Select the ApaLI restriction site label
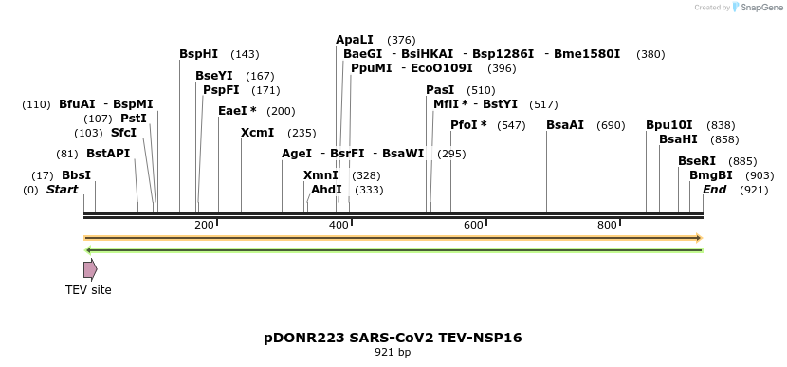point(355,40)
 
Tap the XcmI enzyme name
point(257,133)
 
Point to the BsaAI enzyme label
point(565,125)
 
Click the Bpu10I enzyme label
point(668,125)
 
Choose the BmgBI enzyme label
point(710,175)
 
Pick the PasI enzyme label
point(440,90)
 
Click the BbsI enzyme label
point(76,175)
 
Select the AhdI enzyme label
point(326,190)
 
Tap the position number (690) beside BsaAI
point(611,125)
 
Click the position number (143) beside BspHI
point(245,54)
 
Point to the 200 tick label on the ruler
point(204,225)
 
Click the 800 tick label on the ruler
point(607,225)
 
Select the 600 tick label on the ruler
point(472,225)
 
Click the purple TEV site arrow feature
point(90,269)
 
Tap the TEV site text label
point(88,290)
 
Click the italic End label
point(714,190)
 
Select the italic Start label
point(62,190)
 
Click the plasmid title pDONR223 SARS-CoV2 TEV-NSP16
point(393,338)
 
